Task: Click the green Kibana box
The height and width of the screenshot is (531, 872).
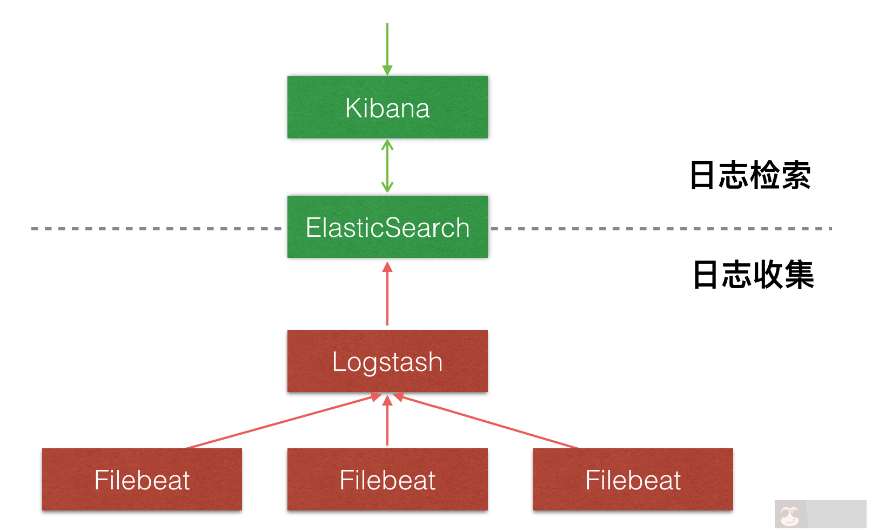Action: (x=387, y=107)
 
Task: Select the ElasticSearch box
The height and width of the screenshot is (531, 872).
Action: (x=387, y=227)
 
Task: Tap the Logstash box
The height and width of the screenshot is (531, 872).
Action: (x=387, y=361)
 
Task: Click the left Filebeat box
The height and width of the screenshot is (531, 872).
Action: (x=142, y=479)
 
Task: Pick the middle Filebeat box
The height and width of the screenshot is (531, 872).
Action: (x=387, y=479)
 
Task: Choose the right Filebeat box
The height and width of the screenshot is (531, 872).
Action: (x=633, y=479)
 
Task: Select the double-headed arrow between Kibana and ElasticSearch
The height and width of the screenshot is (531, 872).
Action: (x=387, y=167)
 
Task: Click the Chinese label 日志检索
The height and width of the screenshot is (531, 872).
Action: (x=750, y=175)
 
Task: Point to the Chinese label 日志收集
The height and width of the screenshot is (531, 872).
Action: (x=753, y=275)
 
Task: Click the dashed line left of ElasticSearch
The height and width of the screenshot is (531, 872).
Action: (x=157, y=229)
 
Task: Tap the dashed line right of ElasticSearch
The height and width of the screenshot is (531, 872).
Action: (x=659, y=229)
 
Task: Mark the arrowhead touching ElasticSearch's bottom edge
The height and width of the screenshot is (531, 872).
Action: (x=387, y=267)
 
